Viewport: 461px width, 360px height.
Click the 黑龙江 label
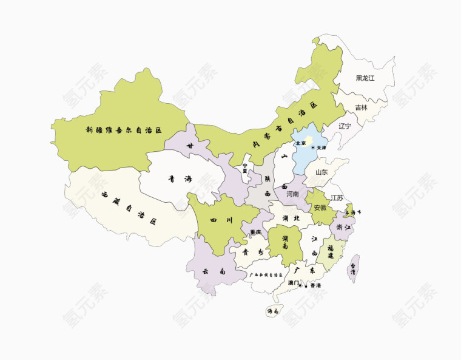click(x=365, y=78)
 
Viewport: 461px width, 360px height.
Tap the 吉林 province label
click(x=361, y=107)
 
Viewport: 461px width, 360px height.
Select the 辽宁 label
click(x=345, y=126)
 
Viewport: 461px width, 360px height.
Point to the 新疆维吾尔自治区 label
click(x=124, y=130)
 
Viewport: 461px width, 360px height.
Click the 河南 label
click(x=292, y=194)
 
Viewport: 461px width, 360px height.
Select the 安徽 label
click(x=320, y=208)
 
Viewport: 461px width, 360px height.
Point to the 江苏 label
click(x=337, y=198)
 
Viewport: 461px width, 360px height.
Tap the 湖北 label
click(x=287, y=218)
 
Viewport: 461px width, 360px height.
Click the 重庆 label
click(x=255, y=233)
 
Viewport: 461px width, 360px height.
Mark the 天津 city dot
click(x=313, y=148)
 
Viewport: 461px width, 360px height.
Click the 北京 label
click(x=301, y=143)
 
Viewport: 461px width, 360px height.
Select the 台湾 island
click(x=354, y=268)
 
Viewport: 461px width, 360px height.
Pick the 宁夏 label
click(x=245, y=168)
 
